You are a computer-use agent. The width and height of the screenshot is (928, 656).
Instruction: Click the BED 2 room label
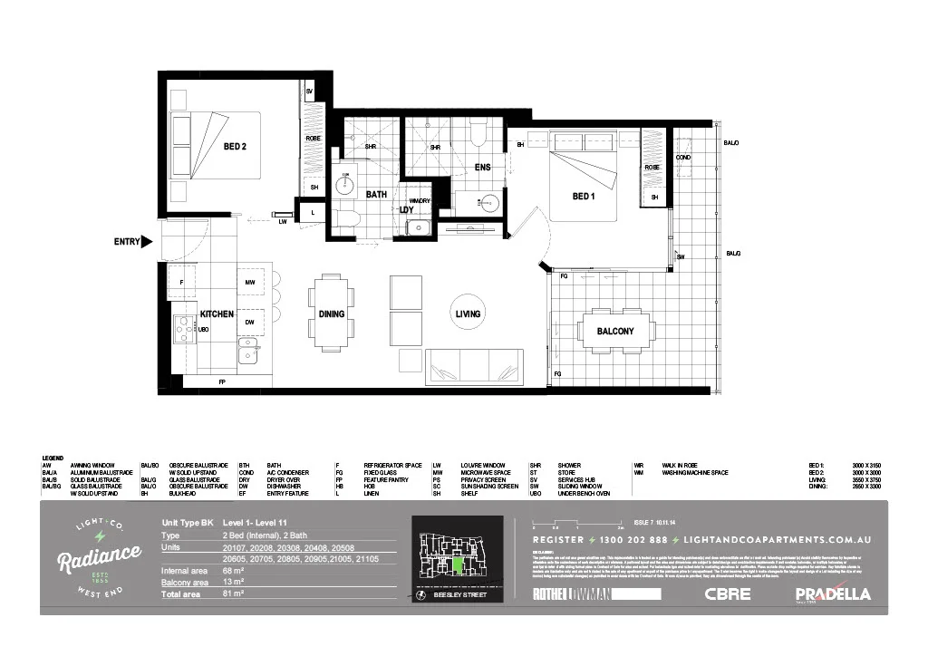tap(235, 147)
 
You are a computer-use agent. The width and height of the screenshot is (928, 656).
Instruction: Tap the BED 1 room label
tap(584, 196)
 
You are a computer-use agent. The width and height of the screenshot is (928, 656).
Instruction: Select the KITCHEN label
tap(217, 314)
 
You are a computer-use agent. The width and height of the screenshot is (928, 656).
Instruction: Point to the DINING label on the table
tap(332, 314)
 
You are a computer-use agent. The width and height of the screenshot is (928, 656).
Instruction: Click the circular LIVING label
tap(468, 314)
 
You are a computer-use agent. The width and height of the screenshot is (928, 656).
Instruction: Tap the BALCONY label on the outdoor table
tap(615, 332)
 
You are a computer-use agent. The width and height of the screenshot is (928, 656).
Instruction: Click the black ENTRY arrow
tap(147, 242)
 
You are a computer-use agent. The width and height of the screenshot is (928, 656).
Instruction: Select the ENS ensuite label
tap(482, 168)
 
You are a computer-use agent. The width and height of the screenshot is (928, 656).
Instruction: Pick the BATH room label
tap(376, 194)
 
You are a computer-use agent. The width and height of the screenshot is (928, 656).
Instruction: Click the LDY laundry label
tap(407, 210)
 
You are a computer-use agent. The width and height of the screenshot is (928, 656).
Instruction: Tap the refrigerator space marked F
tap(182, 283)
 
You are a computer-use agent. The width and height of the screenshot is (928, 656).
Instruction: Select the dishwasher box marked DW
tap(249, 322)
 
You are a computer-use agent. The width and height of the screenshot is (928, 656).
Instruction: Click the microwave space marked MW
tap(249, 283)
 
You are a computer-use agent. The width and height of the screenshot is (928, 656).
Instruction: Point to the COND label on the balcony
tap(683, 158)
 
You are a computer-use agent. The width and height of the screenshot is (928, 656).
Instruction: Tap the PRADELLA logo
tap(833, 594)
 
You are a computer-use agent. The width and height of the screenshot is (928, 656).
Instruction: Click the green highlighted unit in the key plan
tap(459, 567)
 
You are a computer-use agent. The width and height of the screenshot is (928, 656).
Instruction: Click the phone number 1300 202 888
tap(627, 539)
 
